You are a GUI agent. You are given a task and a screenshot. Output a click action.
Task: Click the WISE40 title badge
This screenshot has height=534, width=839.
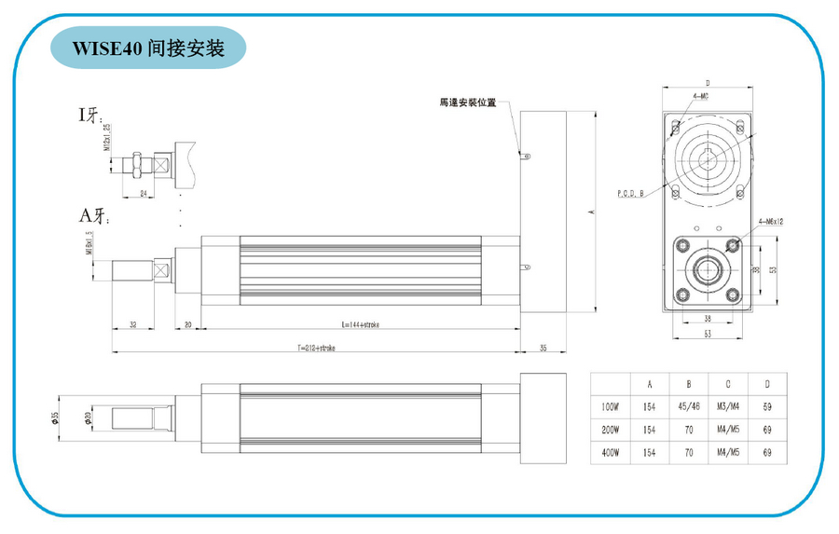(x=150, y=48)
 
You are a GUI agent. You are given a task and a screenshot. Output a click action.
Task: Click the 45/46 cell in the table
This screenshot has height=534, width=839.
(x=688, y=406)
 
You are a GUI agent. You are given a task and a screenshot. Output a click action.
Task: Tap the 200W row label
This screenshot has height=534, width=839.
(x=611, y=431)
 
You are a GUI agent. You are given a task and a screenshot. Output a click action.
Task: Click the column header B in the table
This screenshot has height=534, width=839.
(x=688, y=383)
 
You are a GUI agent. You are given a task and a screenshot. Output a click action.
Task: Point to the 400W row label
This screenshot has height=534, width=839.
(x=611, y=454)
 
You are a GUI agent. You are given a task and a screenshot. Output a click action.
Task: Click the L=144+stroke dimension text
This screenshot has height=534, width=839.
(x=360, y=324)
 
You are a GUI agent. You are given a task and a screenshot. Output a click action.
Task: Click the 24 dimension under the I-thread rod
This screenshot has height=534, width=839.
(x=143, y=193)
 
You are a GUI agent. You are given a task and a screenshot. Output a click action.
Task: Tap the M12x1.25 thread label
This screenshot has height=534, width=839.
(x=107, y=137)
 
